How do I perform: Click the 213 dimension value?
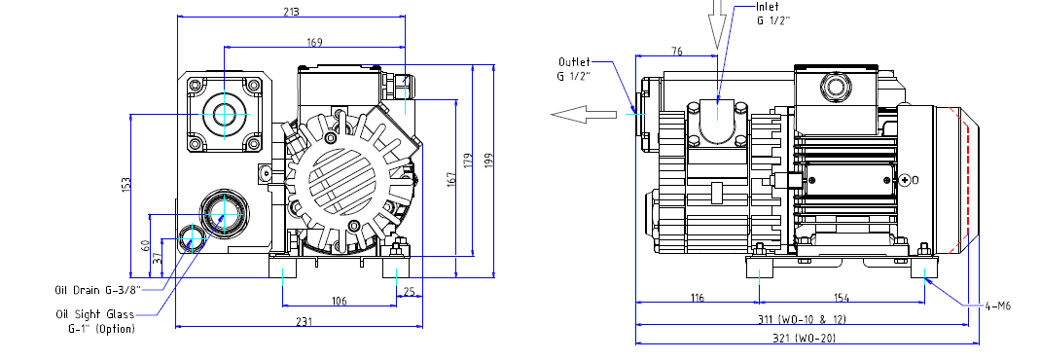tap(291, 12)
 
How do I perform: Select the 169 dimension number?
tap(314, 43)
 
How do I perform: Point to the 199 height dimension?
tap(489, 161)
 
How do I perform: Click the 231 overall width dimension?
tap(304, 321)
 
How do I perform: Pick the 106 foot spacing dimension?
tap(339, 302)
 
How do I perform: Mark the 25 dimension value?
tap(410, 292)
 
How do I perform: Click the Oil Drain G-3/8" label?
tap(97, 290)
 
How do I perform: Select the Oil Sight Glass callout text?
tap(95, 321)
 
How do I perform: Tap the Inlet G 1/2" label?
tap(773, 14)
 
